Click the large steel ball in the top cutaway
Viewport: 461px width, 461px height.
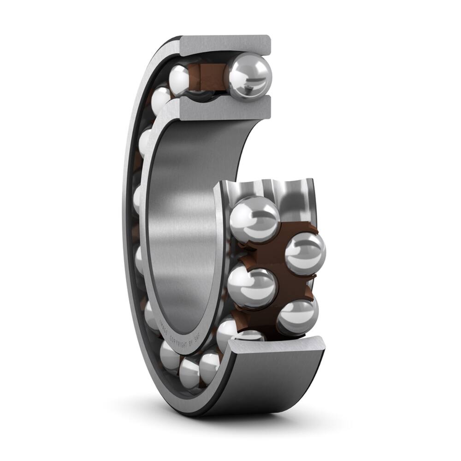[x=250, y=76]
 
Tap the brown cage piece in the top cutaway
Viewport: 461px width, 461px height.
[x=206, y=75]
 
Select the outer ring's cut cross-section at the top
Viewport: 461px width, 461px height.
[x=225, y=45]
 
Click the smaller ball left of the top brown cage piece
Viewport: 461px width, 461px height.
[x=180, y=79]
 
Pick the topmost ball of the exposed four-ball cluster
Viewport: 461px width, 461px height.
[x=254, y=219]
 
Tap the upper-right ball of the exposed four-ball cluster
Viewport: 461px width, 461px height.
[x=305, y=254]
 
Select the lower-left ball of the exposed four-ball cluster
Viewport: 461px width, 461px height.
[x=252, y=287]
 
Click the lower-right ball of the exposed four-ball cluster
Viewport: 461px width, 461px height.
[x=297, y=317]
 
